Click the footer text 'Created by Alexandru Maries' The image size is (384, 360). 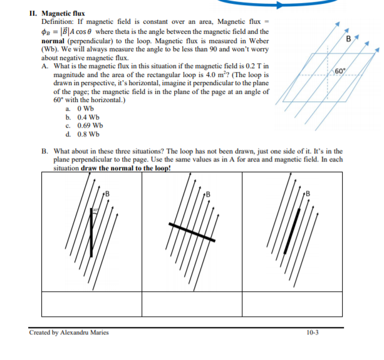coord(69,332)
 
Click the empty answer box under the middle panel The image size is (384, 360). coord(192,304)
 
